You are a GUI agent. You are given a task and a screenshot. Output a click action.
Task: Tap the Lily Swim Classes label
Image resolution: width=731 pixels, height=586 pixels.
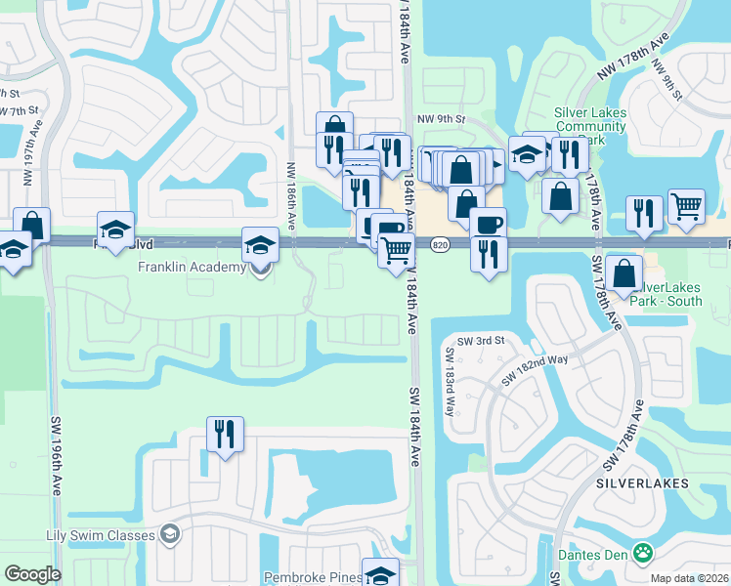pos(101,535)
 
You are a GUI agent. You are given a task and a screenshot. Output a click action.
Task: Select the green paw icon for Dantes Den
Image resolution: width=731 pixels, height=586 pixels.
pos(642,554)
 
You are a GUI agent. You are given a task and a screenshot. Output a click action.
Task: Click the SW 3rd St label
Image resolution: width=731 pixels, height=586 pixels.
pos(481,340)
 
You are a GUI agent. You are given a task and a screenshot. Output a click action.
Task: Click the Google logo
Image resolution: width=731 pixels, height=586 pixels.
pos(32,574)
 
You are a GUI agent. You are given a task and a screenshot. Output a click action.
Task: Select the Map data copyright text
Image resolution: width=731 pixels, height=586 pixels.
pos(690,578)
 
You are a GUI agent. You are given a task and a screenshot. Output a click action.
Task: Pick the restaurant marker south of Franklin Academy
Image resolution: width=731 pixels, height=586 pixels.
pos(225,434)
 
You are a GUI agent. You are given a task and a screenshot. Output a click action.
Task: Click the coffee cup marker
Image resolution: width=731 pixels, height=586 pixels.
pos(488,224)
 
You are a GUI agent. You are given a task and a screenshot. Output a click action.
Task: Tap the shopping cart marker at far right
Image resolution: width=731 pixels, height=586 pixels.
pos(686,207)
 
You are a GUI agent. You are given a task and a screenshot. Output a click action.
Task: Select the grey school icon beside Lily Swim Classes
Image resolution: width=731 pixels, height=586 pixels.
pos(170,533)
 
